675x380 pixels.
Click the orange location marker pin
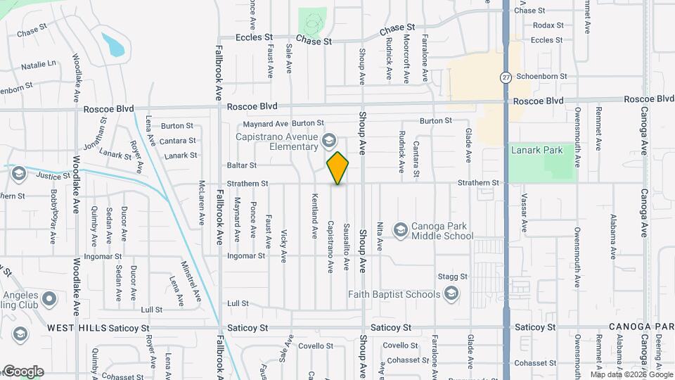(338, 168)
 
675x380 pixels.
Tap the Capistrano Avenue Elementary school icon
(328, 141)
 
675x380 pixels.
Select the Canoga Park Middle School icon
(400, 230)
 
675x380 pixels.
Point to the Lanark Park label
(539, 150)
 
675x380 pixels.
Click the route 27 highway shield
(506, 77)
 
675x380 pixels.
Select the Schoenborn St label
(541, 76)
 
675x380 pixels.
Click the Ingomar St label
(246, 255)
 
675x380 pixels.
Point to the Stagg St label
(452, 277)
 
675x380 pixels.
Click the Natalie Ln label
(38, 65)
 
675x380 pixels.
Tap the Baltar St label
(241, 165)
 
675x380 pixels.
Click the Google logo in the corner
(23, 372)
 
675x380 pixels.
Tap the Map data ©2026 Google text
(631, 375)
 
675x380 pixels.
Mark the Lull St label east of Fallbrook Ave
(238, 303)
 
